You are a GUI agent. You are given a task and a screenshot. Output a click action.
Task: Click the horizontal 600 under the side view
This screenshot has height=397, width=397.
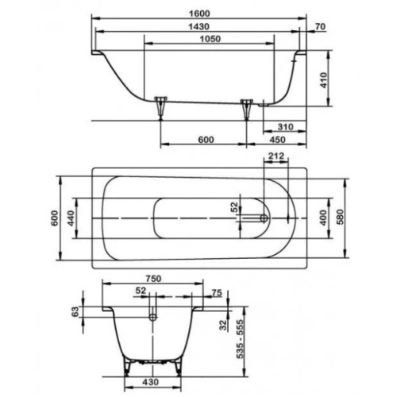(206, 140)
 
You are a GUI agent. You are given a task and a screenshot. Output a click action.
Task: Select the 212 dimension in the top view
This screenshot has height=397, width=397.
(276, 156)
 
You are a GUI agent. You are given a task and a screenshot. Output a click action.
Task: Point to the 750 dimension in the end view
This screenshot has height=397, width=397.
(155, 278)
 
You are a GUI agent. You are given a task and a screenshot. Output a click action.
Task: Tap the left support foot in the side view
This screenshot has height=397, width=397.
(162, 103)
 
